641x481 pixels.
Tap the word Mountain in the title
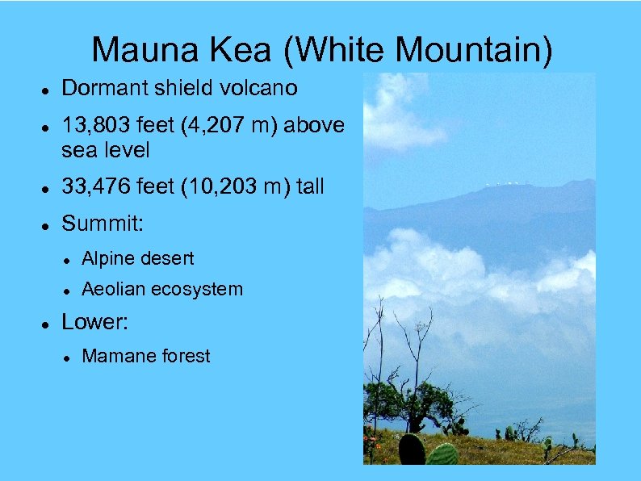[x=474, y=49]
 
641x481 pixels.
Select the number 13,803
[x=95, y=125]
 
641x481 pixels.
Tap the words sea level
[x=105, y=150]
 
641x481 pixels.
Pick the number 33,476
[x=95, y=187]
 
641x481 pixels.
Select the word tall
[x=308, y=187]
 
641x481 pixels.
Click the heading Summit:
[x=103, y=224]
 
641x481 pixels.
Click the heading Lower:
[x=96, y=322]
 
